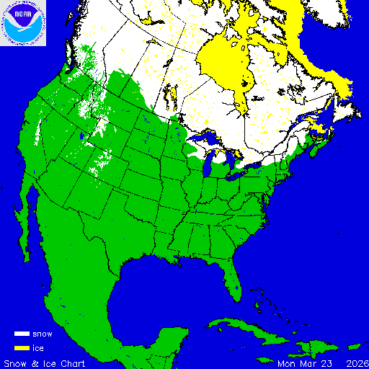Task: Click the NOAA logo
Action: [24, 24]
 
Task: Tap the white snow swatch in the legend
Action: [22, 334]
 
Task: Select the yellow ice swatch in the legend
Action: [22, 347]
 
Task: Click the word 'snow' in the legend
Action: [43, 334]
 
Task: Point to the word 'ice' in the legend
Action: [38, 347]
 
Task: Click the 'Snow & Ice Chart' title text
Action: [45, 363]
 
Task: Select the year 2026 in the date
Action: [356, 363]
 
